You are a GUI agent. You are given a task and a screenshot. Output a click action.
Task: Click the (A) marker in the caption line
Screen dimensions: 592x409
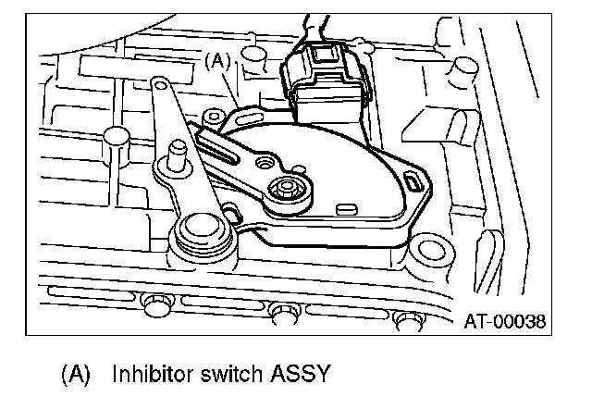point(76,375)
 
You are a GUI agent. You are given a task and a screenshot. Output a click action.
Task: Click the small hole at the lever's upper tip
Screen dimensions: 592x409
point(161,86)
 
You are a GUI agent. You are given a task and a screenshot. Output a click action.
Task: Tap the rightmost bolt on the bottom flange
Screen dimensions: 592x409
point(404,317)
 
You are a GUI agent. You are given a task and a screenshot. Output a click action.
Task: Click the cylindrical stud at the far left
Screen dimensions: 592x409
point(114,136)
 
